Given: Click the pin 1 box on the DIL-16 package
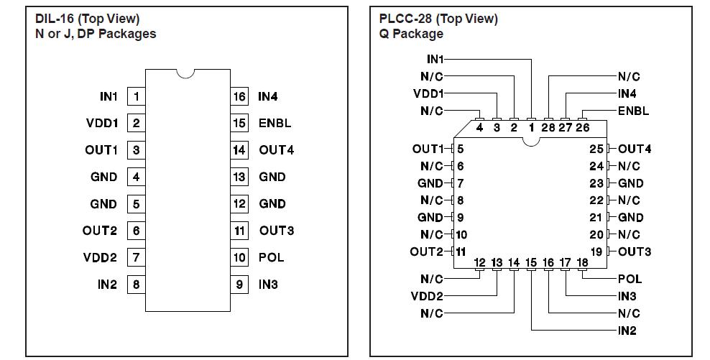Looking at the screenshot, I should (x=136, y=96).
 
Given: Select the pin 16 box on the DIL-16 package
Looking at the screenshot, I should (x=239, y=96).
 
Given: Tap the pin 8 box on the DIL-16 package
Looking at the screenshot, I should (x=136, y=285).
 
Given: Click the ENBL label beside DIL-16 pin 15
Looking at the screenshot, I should (x=275, y=123).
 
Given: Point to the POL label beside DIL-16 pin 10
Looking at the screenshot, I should (x=271, y=257).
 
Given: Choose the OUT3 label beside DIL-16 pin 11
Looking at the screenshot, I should (x=276, y=231).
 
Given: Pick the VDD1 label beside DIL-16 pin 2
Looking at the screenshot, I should (x=101, y=123).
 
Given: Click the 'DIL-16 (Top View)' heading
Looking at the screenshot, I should (x=88, y=19).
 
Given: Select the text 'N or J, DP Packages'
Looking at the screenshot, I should (x=96, y=34).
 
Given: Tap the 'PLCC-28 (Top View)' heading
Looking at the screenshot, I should (x=438, y=19).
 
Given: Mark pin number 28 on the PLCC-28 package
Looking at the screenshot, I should (x=548, y=128).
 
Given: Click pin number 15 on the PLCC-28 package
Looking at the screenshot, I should (x=531, y=263).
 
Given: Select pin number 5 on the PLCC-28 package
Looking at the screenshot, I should (x=460, y=149).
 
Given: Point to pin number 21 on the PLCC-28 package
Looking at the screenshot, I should (x=596, y=218).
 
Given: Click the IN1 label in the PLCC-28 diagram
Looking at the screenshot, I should (x=435, y=59).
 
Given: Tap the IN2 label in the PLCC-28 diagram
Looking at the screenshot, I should (x=627, y=331).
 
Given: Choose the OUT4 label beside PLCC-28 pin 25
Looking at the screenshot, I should (x=635, y=149).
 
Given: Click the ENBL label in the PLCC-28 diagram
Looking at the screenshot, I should (x=633, y=111).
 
